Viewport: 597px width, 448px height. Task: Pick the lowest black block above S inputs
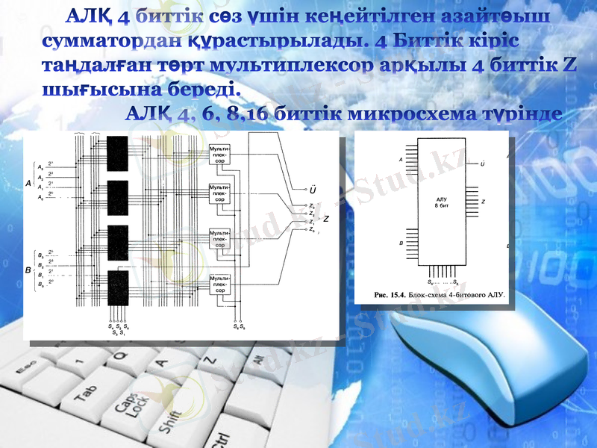(118, 287)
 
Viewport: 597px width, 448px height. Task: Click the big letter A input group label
(28, 182)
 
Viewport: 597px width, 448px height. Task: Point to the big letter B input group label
(28, 269)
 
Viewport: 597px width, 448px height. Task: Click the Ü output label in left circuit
(313, 189)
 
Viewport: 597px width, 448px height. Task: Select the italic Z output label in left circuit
(326, 219)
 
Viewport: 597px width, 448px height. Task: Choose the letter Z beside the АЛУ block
(484, 202)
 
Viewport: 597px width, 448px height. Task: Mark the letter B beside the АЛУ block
(401, 243)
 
